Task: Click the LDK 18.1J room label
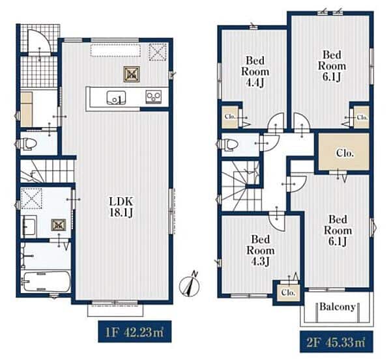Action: (121, 207)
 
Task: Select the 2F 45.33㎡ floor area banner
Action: (336, 343)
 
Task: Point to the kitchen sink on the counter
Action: (116, 98)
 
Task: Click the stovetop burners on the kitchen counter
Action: (153, 97)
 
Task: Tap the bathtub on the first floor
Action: (47, 281)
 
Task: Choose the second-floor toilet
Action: (227, 145)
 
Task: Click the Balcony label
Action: (338, 307)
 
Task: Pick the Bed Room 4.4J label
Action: (255, 72)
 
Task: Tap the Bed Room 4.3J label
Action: (260, 251)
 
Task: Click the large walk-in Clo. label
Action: (345, 153)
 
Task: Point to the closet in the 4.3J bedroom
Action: (288, 292)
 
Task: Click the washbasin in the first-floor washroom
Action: (29, 226)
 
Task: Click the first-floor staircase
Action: (47, 171)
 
